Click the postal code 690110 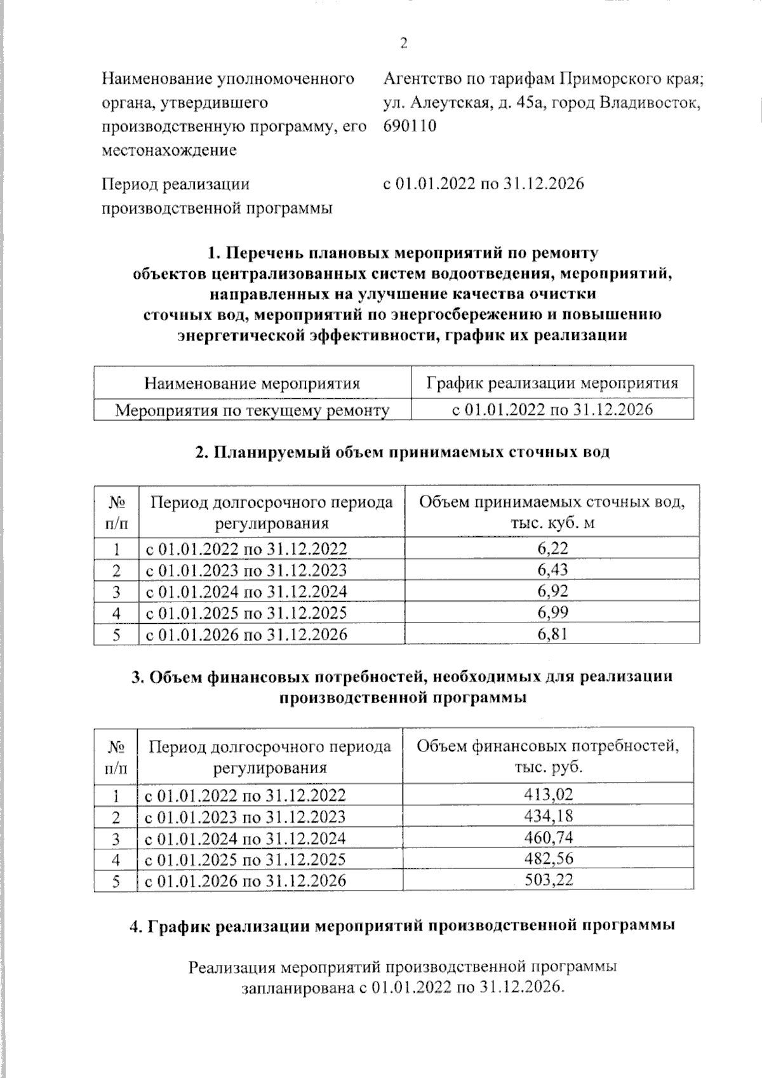point(410,126)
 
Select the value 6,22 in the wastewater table point(552,548)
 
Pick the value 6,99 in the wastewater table point(552,612)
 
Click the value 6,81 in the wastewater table point(552,634)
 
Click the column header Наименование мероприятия point(252,383)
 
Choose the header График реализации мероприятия point(552,383)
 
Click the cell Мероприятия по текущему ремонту point(252,410)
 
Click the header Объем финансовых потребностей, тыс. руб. point(547,755)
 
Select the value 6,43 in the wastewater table point(552,570)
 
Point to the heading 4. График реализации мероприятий point(402,926)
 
